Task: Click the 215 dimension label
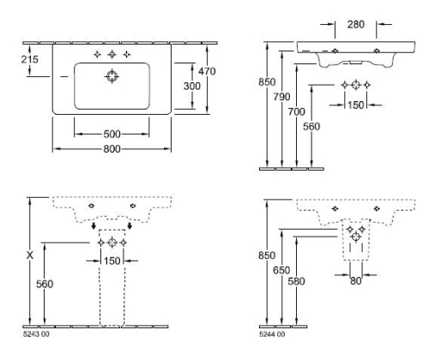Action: (x=29, y=59)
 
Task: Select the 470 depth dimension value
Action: (x=207, y=71)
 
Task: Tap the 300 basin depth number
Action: (x=192, y=86)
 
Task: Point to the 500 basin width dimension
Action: (x=112, y=134)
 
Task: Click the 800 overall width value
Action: (x=112, y=149)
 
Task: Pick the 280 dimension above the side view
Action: (x=356, y=25)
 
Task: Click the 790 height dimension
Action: (x=281, y=97)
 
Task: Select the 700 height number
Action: (x=297, y=111)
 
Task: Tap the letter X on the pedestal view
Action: (x=30, y=255)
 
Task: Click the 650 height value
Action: (x=281, y=270)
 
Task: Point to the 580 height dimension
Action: (x=296, y=281)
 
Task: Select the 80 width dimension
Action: (x=356, y=281)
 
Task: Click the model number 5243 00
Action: (x=36, y=334)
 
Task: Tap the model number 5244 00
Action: (x=272, y=334)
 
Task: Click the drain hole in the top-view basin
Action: (x=112, y=76)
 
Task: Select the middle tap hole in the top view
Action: (x=112, y=54)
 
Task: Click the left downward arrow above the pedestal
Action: (x=94, y=225)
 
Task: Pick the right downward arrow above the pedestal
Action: (x=130, y=225)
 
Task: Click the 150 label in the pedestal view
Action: (x=112, y=261)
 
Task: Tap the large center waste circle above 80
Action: (x=356, y=237)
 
